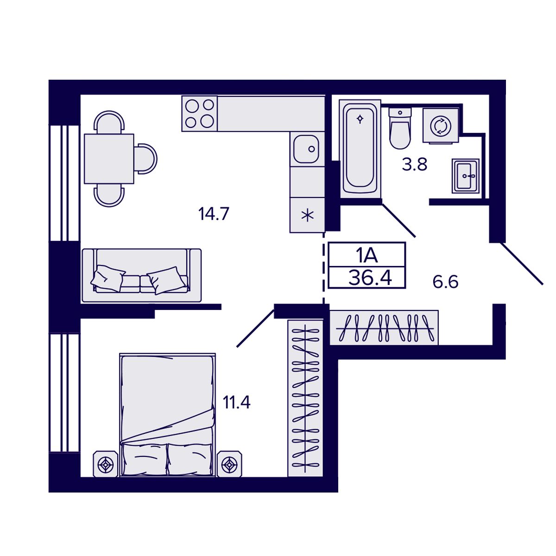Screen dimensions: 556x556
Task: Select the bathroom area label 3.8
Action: point(414,164)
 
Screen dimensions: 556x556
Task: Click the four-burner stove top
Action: point(200,114)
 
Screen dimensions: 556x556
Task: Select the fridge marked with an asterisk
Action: point(306,215)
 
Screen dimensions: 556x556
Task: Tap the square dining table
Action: point(109,158)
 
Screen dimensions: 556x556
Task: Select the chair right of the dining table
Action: point(146,158)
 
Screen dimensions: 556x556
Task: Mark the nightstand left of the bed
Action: point(107,463)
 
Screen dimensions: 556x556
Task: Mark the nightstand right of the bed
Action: point(230,463)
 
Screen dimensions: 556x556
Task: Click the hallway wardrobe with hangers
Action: point(384,328)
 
